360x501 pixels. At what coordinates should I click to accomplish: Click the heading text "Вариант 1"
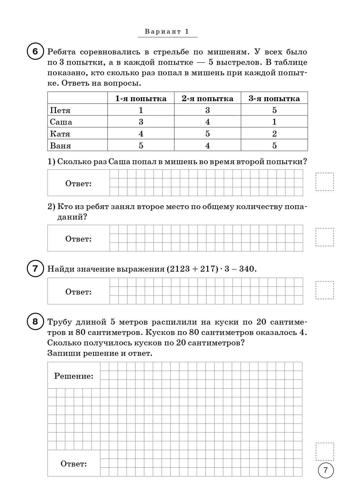(167, 32)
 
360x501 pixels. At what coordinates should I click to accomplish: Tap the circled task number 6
(35, 52)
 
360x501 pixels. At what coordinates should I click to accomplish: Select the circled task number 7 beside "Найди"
(35, 269)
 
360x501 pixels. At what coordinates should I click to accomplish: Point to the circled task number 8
(35, 322)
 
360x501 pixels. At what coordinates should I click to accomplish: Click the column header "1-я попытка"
(141, 98)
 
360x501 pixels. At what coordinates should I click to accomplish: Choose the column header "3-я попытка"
(274, 98)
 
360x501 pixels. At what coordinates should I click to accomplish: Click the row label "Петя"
(60, 110)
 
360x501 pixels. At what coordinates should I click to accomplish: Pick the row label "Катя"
(60, 134)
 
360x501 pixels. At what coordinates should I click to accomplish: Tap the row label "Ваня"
(60, 146)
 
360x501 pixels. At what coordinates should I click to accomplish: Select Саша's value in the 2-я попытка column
(207, 122)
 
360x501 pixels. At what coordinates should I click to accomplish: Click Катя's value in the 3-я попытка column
(274, 134)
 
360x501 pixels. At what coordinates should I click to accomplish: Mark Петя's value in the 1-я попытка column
(141, 110)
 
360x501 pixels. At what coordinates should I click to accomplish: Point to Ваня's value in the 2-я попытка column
(207, 146)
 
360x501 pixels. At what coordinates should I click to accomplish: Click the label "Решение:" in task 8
(74, 376)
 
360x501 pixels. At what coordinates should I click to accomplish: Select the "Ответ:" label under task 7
(78, 292)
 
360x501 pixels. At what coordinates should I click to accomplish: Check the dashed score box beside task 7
(325, 290)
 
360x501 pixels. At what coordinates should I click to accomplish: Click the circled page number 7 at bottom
(326, 470)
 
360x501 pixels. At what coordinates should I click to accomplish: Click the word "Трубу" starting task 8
(59, 322)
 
